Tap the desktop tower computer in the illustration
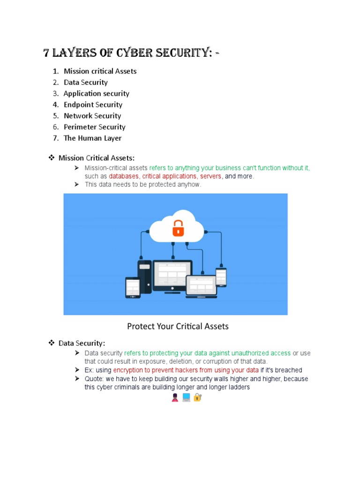click(x=144, y=277)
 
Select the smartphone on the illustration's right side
click(x=221, y=277)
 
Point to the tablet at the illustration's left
click(x=133, y=287)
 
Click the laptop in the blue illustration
click(x=201, y=286)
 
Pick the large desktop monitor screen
click(x=172, y=275)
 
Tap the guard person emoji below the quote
click(x=175, y=398)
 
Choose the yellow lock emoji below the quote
click(x=197, y=397)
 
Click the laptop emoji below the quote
click(x=186, y=397)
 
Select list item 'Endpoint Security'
click(x=93, y=105)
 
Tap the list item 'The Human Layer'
click(x=92, y=138)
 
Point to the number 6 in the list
click(x=55, y=127)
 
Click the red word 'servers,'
click(x=211, y=176)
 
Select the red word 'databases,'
click(x=124, y=176)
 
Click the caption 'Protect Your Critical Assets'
click(x=178, y=326)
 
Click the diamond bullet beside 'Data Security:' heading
click(x=52, y=343)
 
